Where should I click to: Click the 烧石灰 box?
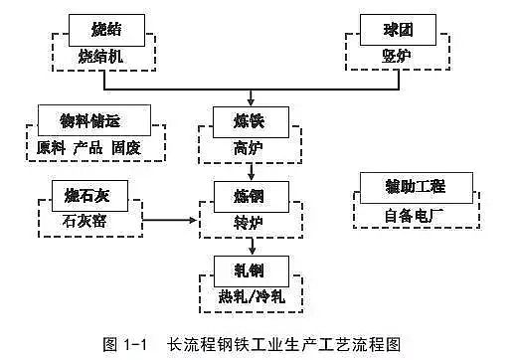83,192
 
